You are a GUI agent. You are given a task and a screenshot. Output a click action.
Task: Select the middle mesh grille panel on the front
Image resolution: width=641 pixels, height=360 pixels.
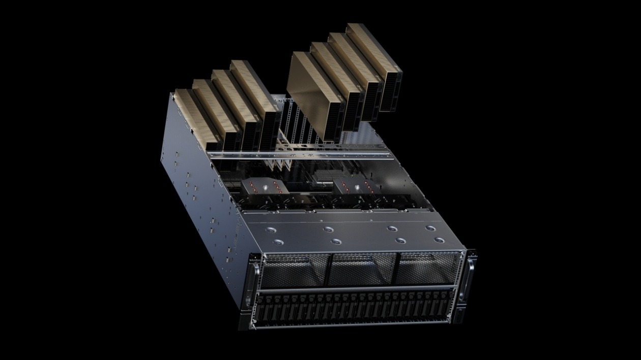362,268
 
